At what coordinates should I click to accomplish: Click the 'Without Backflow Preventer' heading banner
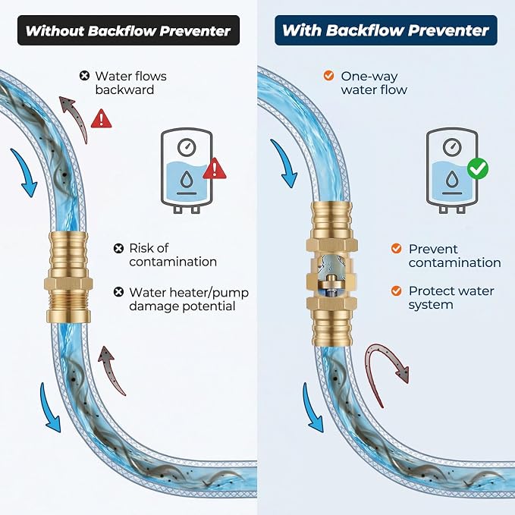128,30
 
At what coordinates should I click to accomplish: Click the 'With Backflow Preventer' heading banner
386,30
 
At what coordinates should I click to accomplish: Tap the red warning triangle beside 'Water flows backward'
101,118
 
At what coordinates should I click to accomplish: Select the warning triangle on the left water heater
215,168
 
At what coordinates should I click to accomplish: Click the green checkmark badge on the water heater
478,169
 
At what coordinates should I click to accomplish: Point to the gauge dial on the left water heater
187,147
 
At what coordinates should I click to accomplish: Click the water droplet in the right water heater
452,179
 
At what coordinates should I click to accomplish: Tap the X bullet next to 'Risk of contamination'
118,249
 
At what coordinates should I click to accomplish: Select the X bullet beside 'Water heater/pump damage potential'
118,292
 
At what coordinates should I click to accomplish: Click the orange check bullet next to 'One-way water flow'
328,76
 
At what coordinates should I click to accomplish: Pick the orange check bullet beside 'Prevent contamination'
397,249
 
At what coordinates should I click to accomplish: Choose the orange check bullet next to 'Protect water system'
397,290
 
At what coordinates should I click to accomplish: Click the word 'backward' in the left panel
124,90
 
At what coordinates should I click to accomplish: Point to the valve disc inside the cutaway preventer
331,281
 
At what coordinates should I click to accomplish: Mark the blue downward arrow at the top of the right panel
285,162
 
